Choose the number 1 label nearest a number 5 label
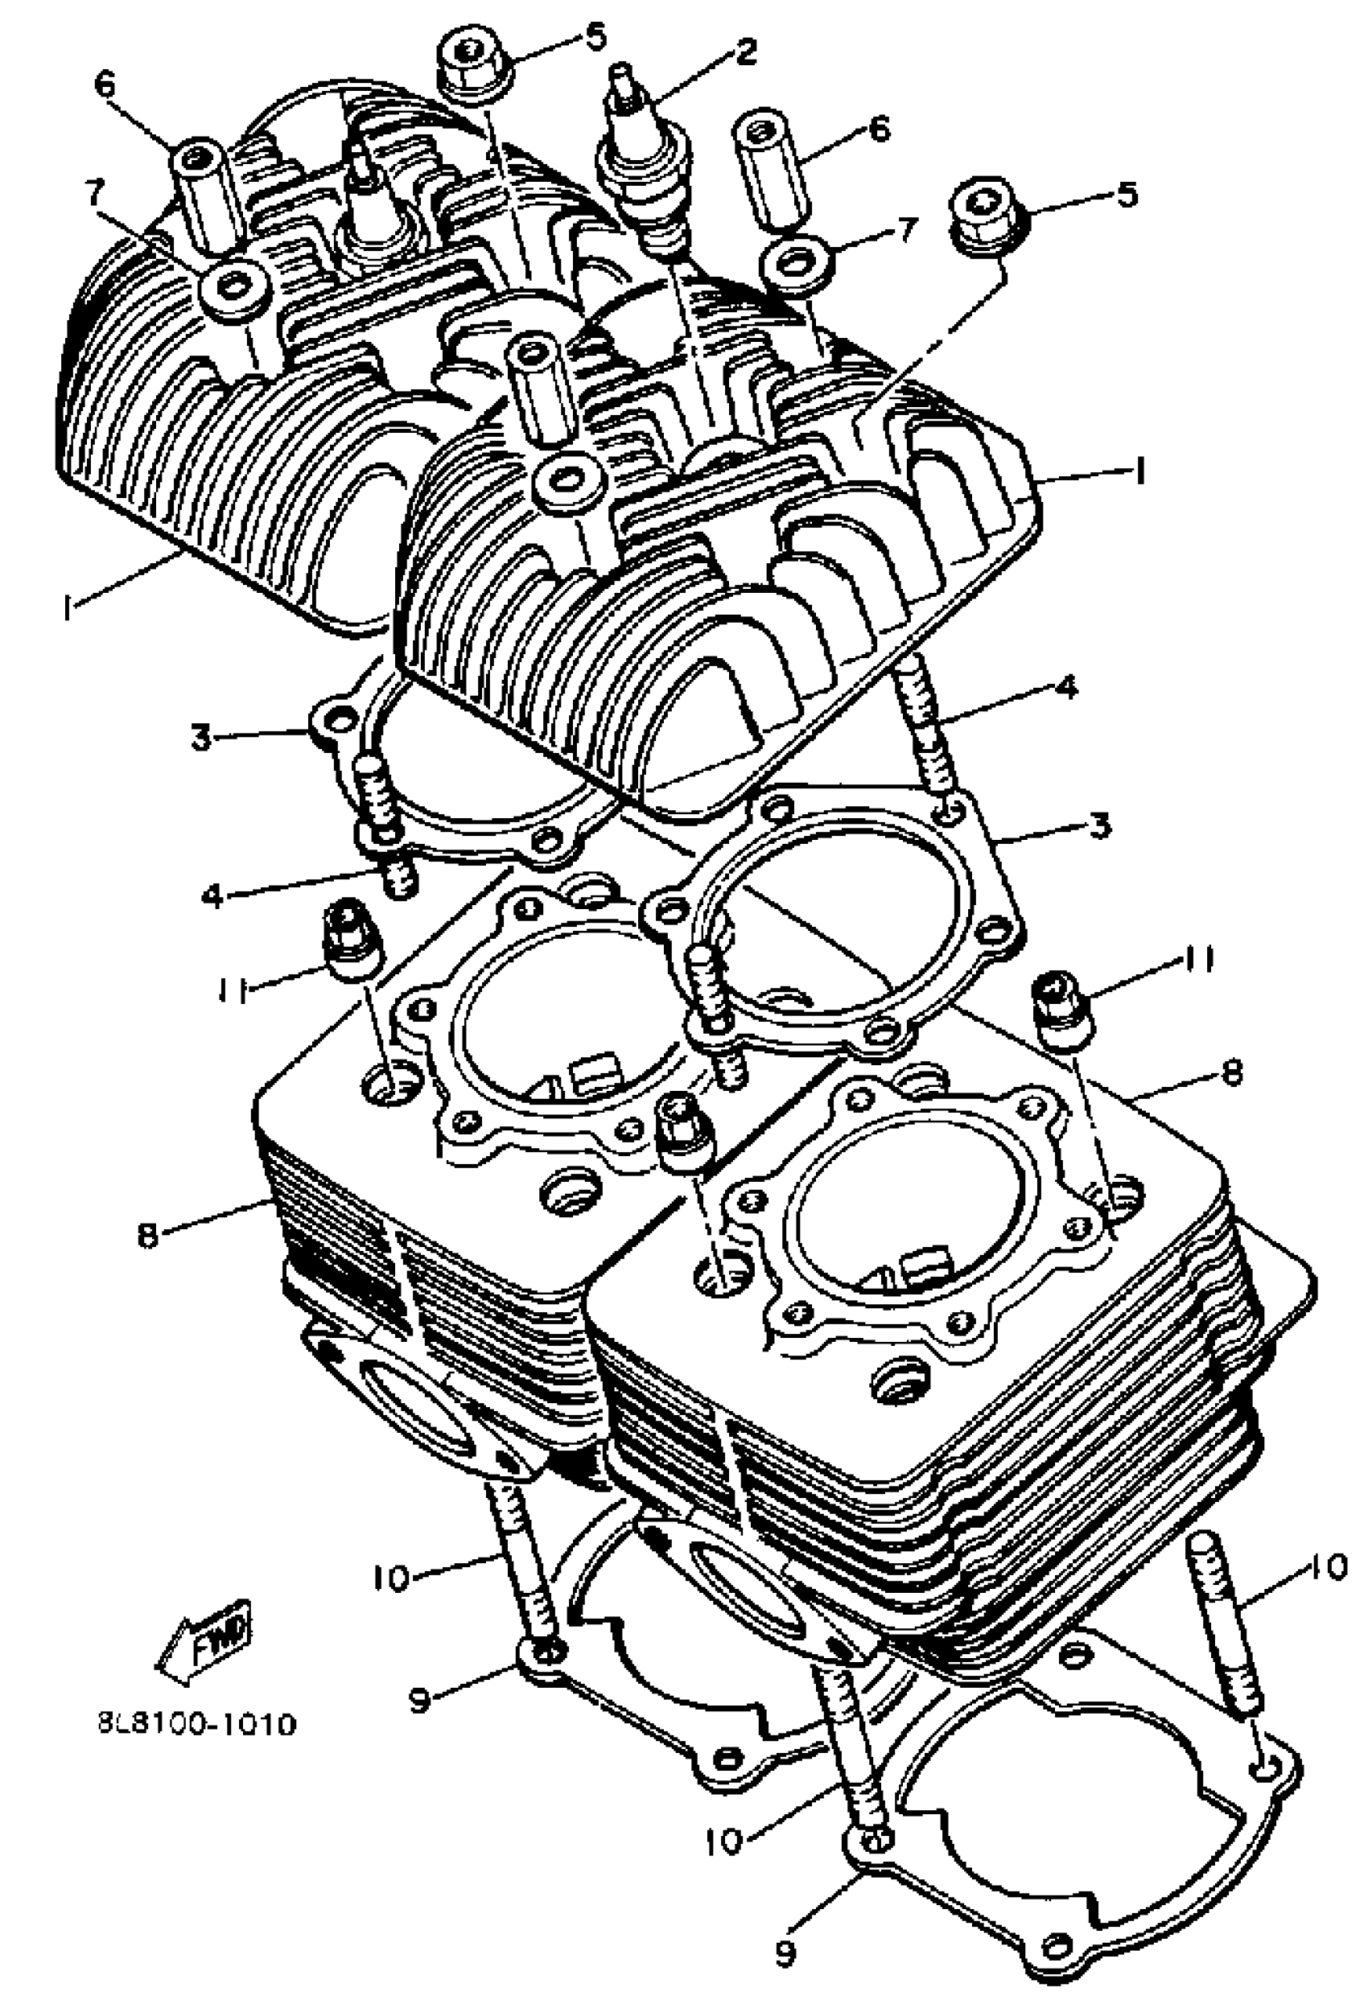pos(1138,471)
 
